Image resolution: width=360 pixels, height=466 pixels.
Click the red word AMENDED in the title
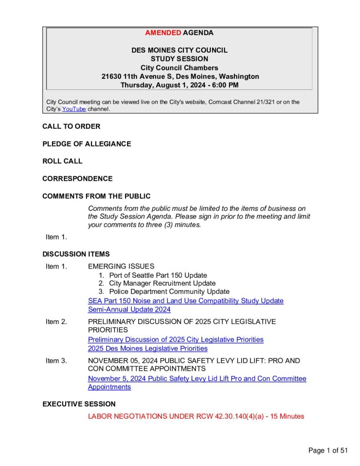163,33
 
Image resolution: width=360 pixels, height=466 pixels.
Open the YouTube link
74,109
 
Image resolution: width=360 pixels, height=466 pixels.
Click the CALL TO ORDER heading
71,127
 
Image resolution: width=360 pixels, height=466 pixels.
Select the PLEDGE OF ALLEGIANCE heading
86,144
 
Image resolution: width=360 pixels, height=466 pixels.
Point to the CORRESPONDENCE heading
77,179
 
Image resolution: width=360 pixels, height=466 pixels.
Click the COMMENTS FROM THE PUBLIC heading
96,196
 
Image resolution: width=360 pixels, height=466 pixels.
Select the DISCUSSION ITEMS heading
76,254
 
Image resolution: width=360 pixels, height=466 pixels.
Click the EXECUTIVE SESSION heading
79,404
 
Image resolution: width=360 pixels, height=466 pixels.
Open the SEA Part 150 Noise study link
186,301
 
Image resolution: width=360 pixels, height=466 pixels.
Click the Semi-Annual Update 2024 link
129,309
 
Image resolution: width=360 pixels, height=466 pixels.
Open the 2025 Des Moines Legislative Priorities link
147,349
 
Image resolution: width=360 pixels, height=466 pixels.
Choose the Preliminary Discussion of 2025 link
176,339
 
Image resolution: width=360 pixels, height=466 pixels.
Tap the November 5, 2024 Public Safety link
197,379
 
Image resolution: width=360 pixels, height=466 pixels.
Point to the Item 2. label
56,322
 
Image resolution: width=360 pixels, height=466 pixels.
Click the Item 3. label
56,361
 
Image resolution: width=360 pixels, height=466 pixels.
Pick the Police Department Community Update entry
169,291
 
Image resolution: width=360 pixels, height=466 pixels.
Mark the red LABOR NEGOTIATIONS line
196,416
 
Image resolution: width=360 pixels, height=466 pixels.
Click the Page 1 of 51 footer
328,451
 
